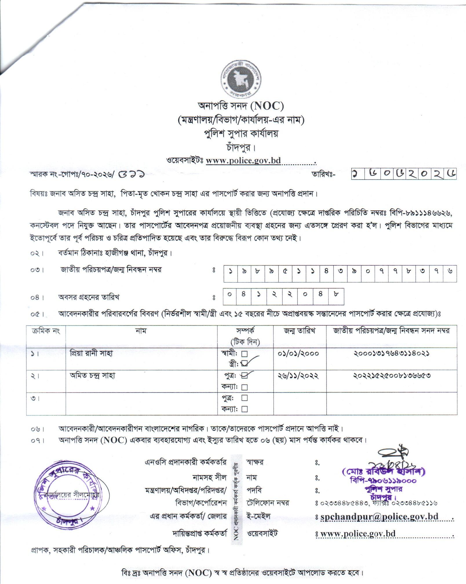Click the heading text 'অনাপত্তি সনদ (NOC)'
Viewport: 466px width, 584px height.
pyautogui.click(x=241, y=107)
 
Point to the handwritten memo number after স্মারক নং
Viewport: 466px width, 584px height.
pyautogui.click(x=133, y=175)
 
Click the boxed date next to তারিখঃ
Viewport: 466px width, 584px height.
pyautogui.click(x=404, y=175)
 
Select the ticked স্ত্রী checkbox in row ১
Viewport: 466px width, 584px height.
pyautogui.click(x=244, y=363)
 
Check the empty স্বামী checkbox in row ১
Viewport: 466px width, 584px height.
pyautogui.click(x=244, y=353)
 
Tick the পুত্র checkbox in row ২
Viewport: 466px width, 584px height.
pyautogui.click(x=244, y=376)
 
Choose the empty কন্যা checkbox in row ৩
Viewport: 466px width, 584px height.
pyautogui.click(x=244, y=409)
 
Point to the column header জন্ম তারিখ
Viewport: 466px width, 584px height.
pyautogui.click(x=300, y=331)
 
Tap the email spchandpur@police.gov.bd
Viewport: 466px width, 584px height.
pyautogui.click(x=379, y=517)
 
